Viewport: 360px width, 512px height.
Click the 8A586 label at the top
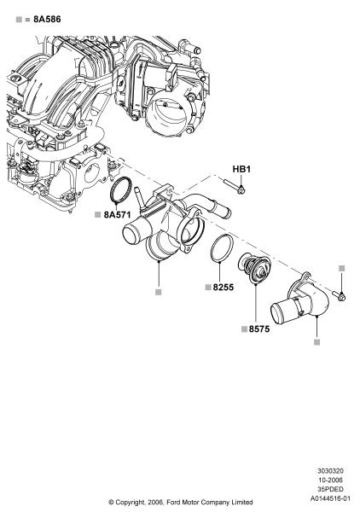(47, 20)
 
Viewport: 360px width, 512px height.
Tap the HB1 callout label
(241, 169)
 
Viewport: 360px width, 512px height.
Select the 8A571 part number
(117, 215)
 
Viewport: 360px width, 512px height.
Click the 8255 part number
(224, 288)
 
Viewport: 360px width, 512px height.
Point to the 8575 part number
(259, 329)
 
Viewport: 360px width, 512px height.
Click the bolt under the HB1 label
(235, 186)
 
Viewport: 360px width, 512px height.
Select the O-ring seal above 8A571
(121, 191)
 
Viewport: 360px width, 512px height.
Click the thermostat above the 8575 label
(254, 270)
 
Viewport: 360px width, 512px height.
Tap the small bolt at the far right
(339, 296)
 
